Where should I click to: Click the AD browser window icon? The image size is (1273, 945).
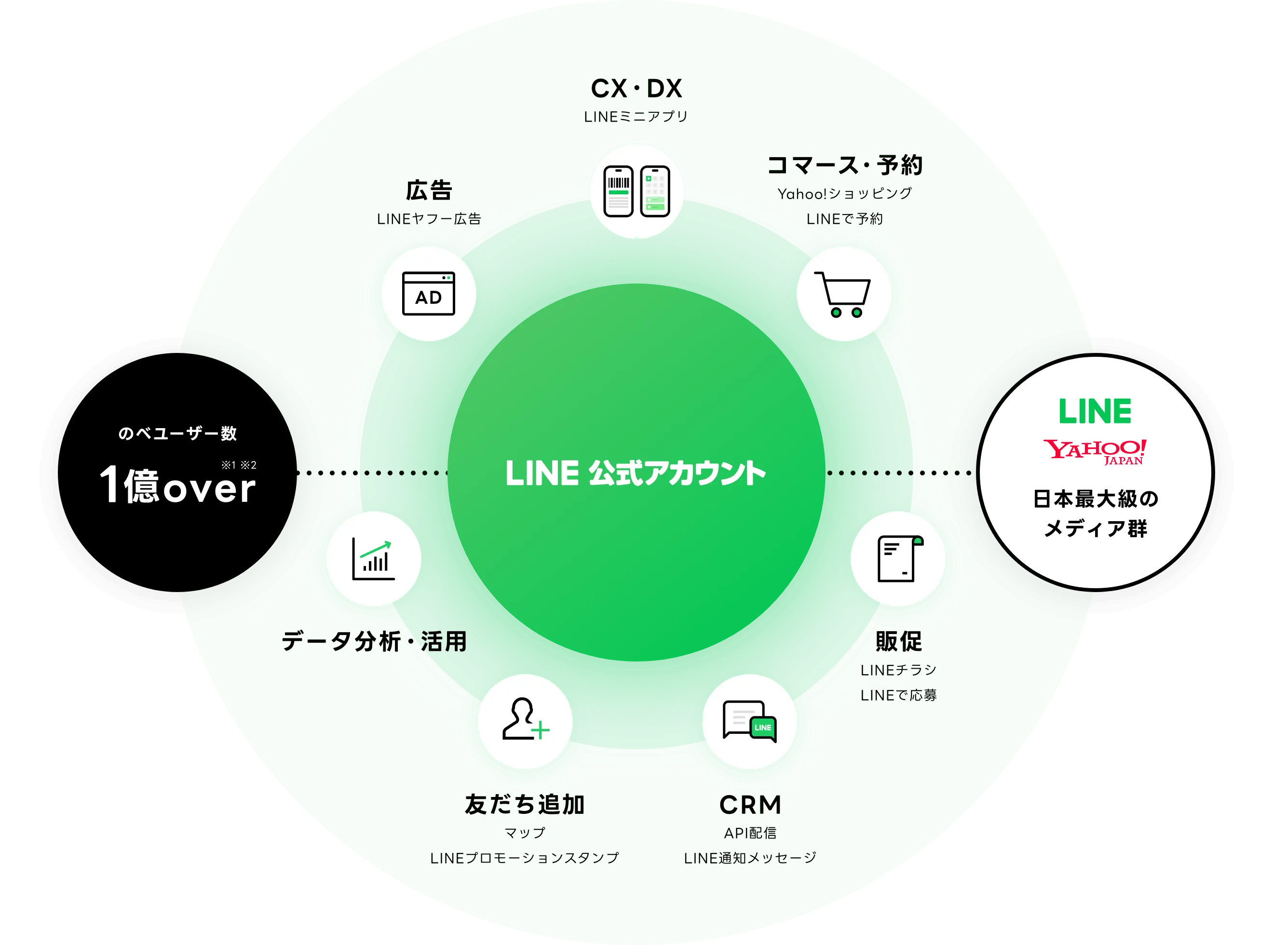click(x=429, y=294)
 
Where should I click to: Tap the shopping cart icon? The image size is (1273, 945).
click(x=843, y=294)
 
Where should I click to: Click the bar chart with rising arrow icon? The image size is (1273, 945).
click(x=374, y=558)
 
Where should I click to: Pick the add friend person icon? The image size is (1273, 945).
click(x=525, y=721)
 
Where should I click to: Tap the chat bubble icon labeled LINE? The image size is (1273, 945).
click(x=749, y=721)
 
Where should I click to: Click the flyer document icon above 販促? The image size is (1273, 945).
click(x=898, y=558)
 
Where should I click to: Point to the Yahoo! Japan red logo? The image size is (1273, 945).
click(x=1095, y=451)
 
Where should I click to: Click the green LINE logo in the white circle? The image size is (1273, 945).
click(x=1095, y=411)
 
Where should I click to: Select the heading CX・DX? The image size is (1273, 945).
click(x=636, y=89)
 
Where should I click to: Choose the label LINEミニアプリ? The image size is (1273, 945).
click(x=636, y=117)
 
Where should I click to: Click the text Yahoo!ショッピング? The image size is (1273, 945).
click(x=844, y=194)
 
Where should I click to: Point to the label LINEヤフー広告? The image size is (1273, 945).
click(x=429, y=219)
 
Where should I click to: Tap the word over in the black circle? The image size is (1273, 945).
click(x=209, y=488)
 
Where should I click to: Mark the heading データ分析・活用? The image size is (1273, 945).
click(x=374, y=641)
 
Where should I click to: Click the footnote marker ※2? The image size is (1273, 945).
click(x=248, y=465)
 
